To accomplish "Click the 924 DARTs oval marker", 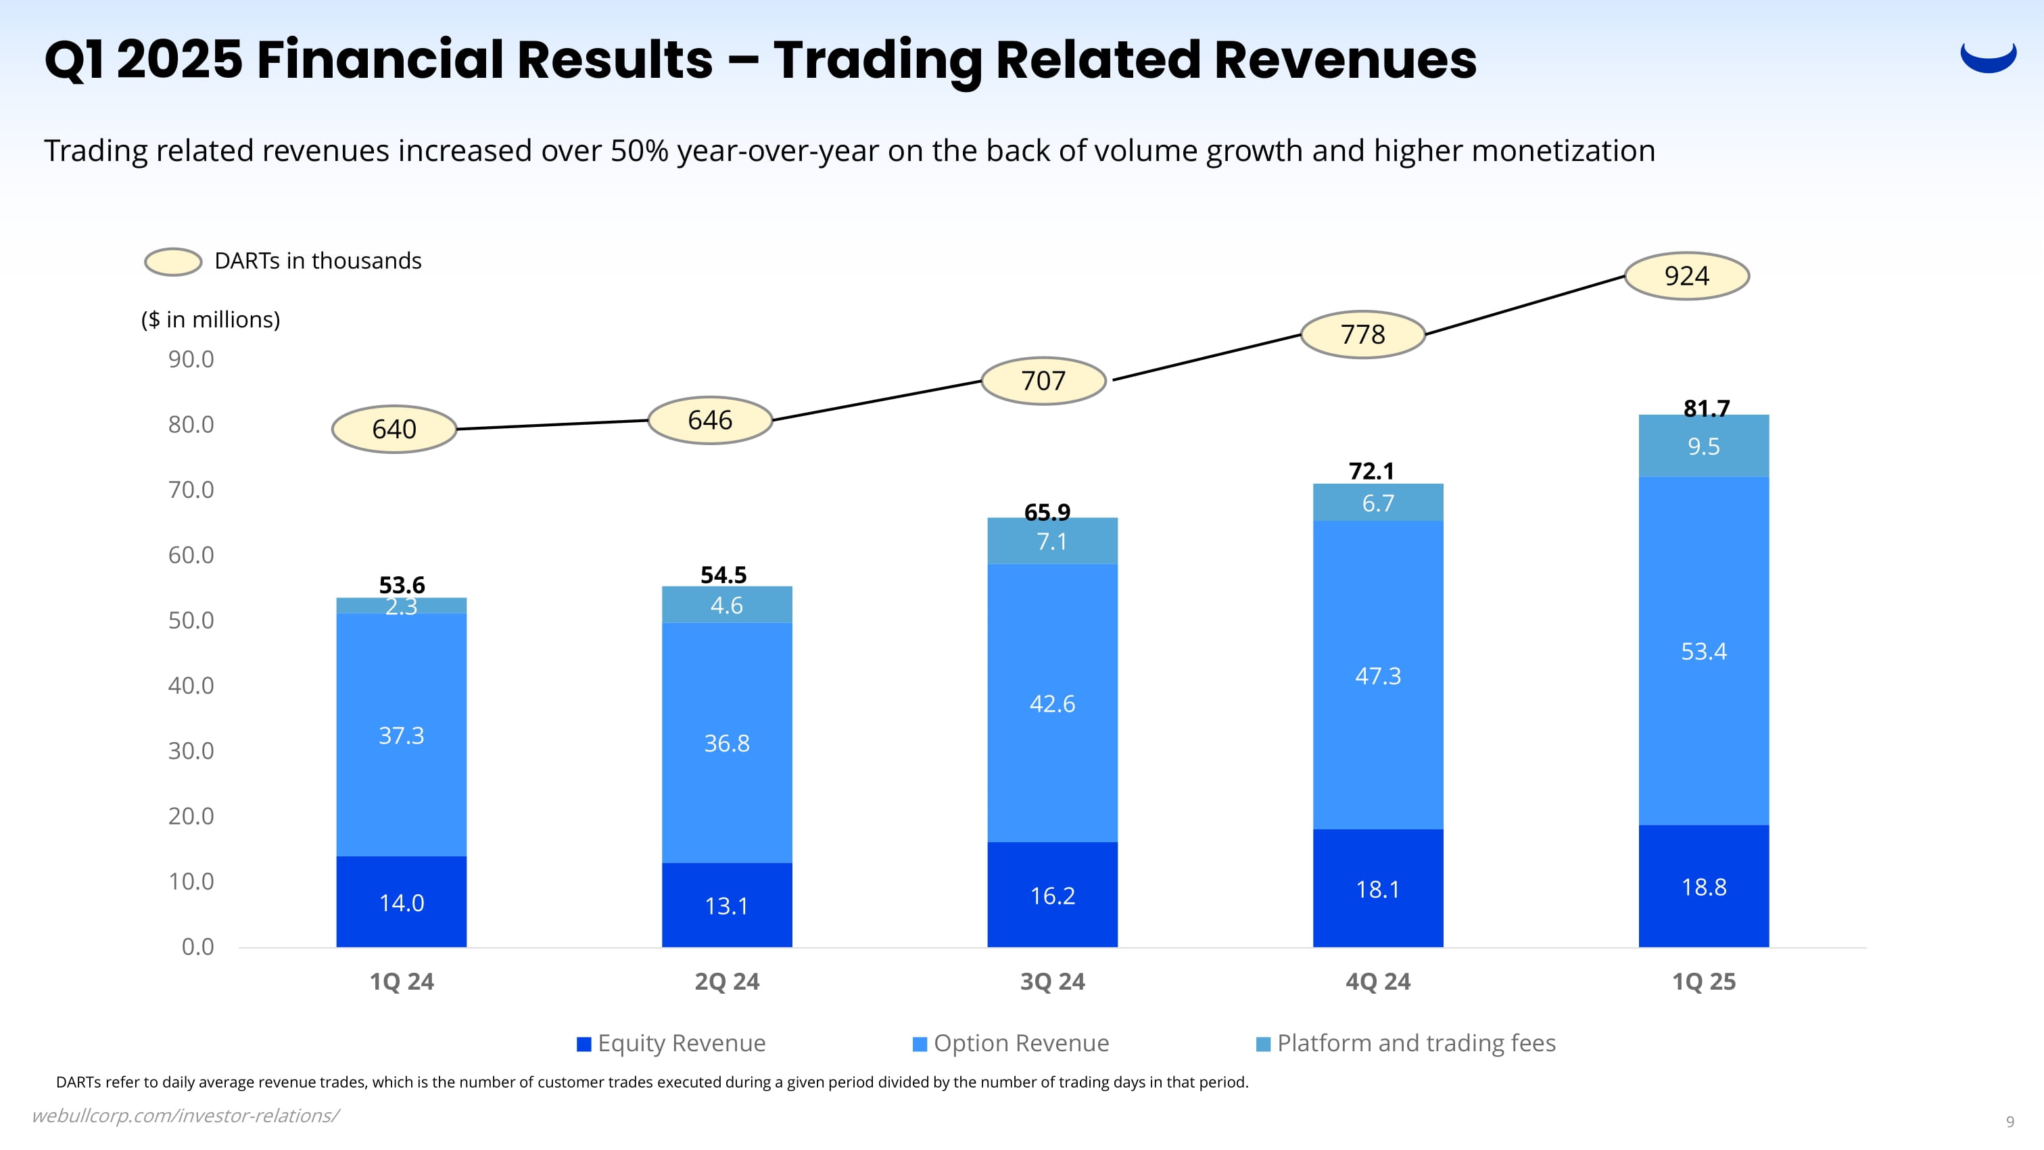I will pos(1686,276).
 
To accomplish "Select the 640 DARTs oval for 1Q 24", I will pos(394,430).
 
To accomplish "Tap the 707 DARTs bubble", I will pos(1043,381).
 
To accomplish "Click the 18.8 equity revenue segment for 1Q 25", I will pos(1704,886).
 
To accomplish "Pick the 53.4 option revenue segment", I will pos(1704,651).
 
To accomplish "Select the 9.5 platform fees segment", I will pos(1704,446).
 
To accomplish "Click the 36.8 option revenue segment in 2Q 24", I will pos(727,743).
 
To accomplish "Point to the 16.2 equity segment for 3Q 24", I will pos(1052,895).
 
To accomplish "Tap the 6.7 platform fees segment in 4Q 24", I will pos(1377,503).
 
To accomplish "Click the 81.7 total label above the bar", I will pos(1706,408).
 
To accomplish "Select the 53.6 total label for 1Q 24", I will pos(402,585).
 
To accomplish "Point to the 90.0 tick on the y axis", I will pos(191,359).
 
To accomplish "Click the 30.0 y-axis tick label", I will pos(191,751).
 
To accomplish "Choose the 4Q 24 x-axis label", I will pos(1377,982).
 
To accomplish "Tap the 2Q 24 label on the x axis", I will pos(727,982).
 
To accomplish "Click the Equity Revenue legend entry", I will pos(671,1043).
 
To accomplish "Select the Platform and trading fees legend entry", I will pos(1406,1043).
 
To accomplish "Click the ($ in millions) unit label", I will pos(210,319).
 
